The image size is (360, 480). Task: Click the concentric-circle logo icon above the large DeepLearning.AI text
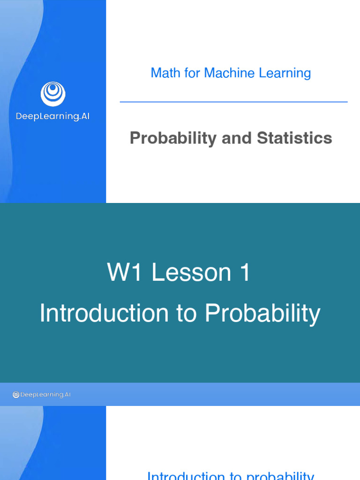point(53,94)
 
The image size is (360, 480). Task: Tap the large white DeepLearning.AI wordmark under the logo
point(53,116)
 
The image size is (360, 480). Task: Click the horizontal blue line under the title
point(233,102)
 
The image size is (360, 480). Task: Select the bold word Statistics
point(294,138)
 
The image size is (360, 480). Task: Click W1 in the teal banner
point(125,273)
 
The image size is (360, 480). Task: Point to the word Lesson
point(191,273)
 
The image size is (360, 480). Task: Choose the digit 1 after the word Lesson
point(245,273)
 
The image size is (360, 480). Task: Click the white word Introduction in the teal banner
point(104,313)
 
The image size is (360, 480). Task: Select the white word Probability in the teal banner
point(262,313)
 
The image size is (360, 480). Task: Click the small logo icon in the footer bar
point(16,395)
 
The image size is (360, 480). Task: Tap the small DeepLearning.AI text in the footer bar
point(45,395)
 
